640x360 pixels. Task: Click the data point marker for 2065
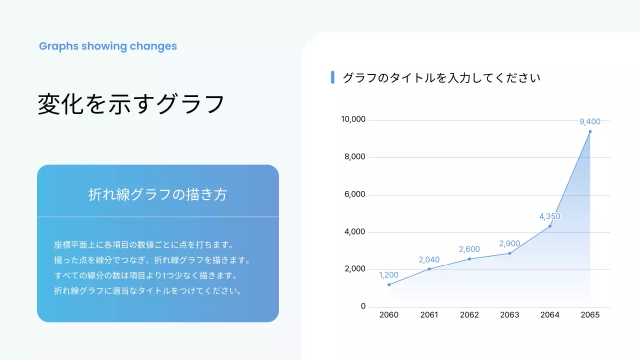[590, 131]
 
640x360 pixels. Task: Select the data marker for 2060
[389, 284]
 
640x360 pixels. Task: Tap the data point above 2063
[509, 253]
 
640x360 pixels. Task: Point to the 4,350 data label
[549, 216]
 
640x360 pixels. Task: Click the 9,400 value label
[590, 121]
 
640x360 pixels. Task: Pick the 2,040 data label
[429, 259]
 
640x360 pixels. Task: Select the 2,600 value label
[469, 249]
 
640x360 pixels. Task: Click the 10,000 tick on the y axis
[353, 119]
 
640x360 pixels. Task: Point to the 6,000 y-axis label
[355, 194]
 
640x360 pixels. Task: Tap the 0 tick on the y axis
[363, 306]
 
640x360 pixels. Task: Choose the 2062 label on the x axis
[469, 315]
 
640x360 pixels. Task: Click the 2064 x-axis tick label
[550, 315]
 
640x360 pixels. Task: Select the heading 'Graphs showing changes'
[108, 46]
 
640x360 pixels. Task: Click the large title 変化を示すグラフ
[131, 104]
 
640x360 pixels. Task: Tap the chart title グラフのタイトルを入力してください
[441, 78]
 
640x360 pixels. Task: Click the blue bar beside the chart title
[332, 77]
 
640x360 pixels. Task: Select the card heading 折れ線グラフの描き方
[157, 194]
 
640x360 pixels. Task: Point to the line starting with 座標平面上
[144, 245]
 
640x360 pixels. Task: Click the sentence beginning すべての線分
[145, 275]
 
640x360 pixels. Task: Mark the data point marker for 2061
[429, 269]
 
